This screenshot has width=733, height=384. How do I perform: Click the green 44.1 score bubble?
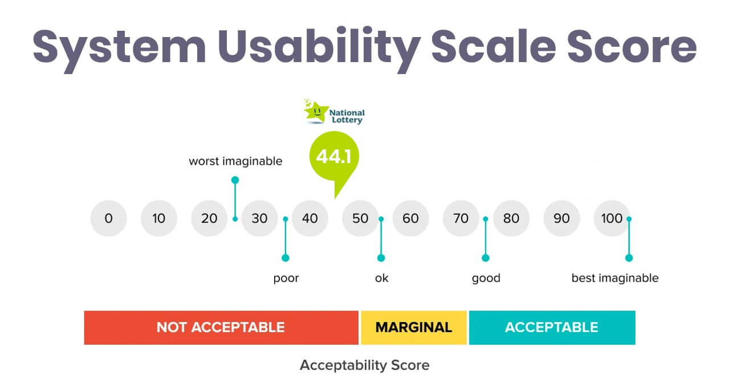pos(334,157)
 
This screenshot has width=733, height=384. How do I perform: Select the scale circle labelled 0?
pos(109,218)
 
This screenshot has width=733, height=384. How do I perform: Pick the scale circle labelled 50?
pos(360,218)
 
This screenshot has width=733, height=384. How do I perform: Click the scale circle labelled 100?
pos(612,218)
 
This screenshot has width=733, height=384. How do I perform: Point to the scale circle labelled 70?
pos(461,218)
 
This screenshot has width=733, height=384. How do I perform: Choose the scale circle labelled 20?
pos(209,218)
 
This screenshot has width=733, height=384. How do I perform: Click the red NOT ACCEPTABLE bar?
pos(221,328)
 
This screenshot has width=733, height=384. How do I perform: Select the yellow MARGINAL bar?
pos(414,328)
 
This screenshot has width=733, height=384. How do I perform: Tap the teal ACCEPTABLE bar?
pos(552,328)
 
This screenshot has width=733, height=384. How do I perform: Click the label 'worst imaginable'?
pos(235,161)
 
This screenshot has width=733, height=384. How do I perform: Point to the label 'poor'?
pos(286,279)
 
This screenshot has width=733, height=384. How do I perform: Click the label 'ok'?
pos(381,278)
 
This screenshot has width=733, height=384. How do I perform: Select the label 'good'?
pos(486,279)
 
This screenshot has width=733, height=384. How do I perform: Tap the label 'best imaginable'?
pos(615,278)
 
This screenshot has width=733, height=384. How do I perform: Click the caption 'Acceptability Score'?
pos(365,365)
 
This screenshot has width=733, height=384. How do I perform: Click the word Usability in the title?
pos(319,47)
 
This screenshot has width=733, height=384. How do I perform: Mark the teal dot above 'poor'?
pos(286,258)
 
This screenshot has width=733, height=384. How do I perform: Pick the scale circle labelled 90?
pos(561,218)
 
